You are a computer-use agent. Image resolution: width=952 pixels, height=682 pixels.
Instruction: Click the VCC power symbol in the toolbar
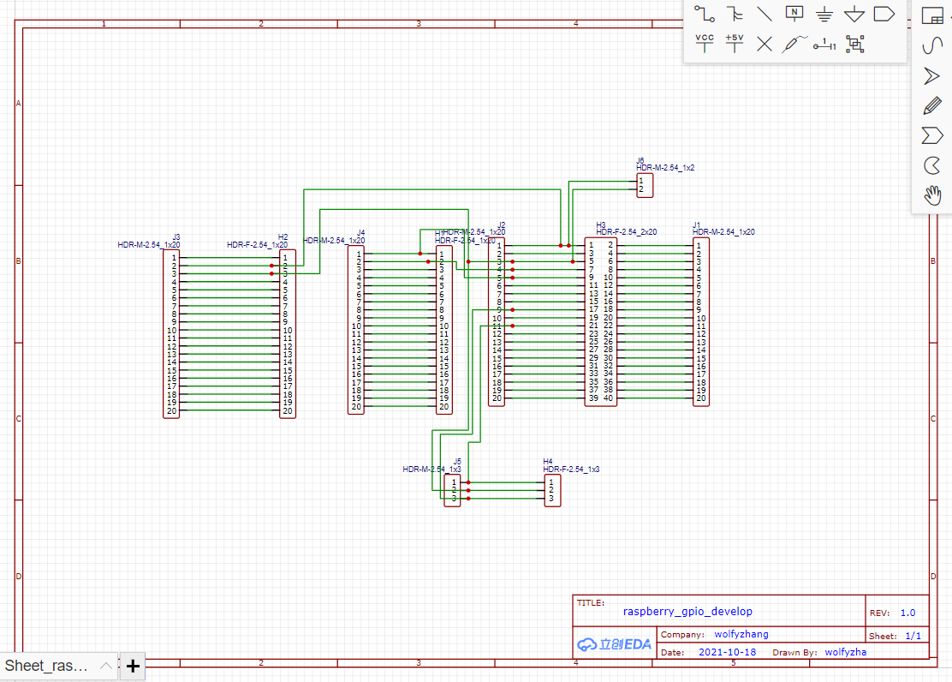705,43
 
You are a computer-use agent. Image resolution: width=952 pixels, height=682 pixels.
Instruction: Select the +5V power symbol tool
735,43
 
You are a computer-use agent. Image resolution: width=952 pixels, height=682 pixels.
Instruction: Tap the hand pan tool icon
932,195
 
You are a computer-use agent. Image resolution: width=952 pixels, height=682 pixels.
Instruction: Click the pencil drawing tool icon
932,105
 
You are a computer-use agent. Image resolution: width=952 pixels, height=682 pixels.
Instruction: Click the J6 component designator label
640,160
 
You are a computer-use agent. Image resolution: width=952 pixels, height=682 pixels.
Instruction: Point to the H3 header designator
600,224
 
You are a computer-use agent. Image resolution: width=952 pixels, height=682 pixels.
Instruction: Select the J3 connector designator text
176,236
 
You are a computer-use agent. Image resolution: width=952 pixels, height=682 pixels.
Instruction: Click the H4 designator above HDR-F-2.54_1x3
548,462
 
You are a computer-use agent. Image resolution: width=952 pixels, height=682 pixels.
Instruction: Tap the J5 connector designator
457,462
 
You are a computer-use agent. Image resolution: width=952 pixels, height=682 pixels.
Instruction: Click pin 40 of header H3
609,398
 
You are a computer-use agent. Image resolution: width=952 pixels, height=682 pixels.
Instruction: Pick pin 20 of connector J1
700,398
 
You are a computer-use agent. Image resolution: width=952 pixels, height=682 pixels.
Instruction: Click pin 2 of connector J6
640,188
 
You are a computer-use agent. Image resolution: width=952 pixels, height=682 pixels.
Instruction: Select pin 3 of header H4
550,498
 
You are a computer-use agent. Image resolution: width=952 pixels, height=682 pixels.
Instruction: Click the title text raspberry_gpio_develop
687,612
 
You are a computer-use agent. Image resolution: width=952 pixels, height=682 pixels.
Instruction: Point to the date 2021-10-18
727,652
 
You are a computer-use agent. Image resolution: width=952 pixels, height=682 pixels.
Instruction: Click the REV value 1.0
907,613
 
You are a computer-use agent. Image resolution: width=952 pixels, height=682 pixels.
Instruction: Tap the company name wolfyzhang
741,635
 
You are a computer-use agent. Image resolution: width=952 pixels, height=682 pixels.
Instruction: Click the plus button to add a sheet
133,667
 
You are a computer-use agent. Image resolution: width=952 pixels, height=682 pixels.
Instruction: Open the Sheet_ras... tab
48,666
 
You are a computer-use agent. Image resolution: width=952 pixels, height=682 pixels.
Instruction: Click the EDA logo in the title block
614,644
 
